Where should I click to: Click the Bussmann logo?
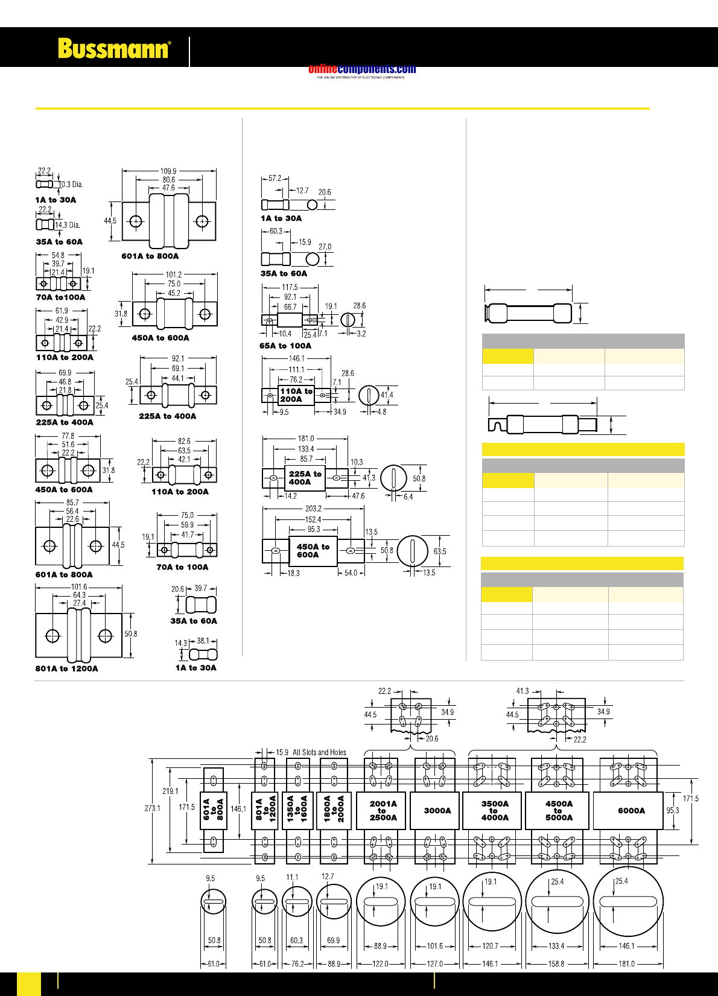114,48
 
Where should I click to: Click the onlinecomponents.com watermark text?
362,69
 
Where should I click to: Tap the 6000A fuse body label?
631,811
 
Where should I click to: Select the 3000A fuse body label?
437,811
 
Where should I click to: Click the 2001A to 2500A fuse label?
383,811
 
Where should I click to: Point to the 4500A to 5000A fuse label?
559,811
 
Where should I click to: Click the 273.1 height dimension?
153,808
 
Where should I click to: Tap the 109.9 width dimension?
168,171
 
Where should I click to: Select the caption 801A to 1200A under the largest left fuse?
66,668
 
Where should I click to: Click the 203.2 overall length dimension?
313,509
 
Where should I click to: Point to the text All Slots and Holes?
319,752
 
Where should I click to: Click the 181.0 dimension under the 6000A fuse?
626,964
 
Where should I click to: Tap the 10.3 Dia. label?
71,185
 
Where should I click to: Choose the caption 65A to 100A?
285,346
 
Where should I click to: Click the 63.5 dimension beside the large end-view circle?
440,551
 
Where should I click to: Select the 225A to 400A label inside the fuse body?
305,478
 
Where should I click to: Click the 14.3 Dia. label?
68,225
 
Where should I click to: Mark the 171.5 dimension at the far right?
691,799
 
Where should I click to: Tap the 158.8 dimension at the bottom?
556,964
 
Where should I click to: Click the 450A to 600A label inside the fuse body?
313,550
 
